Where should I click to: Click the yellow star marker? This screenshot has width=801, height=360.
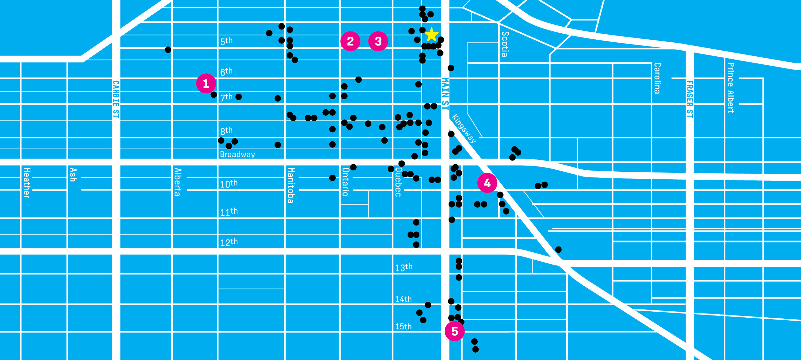432,35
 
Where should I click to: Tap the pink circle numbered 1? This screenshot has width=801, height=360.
206,84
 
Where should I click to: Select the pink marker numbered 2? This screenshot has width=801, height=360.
350,41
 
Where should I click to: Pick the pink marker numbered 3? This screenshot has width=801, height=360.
378,41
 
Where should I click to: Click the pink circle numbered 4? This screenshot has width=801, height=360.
487,183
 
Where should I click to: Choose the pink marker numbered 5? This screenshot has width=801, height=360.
454,331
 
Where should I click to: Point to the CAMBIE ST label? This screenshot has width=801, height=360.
116,99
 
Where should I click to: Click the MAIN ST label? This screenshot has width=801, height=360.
445,94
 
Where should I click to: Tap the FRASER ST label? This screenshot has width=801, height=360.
690,99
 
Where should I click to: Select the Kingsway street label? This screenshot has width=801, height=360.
464,129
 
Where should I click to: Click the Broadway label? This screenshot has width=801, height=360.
237,155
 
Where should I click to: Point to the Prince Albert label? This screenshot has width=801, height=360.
731,88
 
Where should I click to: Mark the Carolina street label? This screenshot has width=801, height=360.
657,78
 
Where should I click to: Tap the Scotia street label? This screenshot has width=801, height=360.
505,44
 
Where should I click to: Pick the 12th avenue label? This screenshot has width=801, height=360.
229,242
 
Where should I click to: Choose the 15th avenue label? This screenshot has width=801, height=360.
403,327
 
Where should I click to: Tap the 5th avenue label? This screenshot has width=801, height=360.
226,41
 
